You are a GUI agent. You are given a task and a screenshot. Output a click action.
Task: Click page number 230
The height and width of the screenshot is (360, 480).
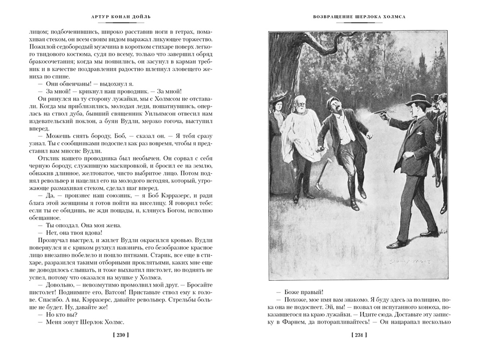120,335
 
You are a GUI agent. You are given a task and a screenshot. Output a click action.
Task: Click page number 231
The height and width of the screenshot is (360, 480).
359,335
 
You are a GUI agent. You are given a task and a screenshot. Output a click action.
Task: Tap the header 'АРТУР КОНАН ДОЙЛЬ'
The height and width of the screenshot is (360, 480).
121,17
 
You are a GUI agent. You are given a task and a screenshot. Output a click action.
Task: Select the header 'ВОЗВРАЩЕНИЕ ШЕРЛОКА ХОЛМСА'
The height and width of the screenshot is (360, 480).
359,17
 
